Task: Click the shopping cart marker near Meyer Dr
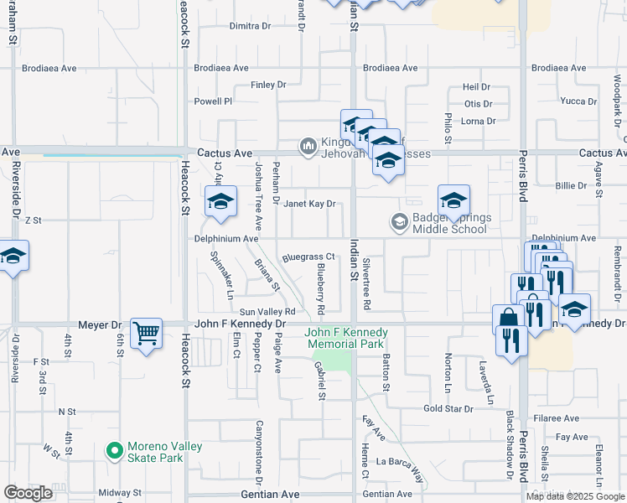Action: pos(146,334)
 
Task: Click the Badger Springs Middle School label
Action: pos(444,222)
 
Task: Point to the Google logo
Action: pos(28,493)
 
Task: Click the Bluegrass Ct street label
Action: pos(308,257)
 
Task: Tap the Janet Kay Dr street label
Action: pos(308,204)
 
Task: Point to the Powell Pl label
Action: pos(213,101)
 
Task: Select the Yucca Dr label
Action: pos(578,101)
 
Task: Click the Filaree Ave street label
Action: pos(560,418)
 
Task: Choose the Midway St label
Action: pos(115,492)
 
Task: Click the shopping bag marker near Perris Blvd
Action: pos(509,319)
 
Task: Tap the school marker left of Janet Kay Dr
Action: pos(220,203)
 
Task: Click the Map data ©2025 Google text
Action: pos(575,496)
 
